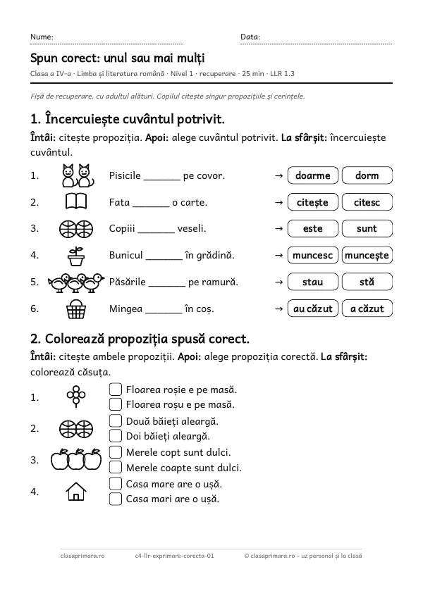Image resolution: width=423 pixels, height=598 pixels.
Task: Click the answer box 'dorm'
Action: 367,175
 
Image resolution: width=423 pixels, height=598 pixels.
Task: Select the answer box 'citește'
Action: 313,202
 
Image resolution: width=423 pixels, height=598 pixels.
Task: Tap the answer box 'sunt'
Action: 367,228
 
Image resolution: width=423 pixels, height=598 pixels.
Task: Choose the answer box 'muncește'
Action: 367,255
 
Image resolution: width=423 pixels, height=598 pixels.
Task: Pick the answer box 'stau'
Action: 313,282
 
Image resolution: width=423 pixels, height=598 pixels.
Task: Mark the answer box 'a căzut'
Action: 367,309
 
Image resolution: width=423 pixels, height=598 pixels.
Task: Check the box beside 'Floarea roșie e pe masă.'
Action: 116,390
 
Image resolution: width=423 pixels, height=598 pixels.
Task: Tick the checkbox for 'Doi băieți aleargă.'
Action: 116,435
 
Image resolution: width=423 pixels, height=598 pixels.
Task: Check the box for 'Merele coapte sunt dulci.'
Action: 116,467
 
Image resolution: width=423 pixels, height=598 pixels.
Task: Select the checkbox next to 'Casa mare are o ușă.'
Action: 116,483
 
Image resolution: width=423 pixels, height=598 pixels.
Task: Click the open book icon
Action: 76,201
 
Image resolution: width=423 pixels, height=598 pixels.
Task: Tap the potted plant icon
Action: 76,256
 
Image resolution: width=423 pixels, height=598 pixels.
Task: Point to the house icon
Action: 76,491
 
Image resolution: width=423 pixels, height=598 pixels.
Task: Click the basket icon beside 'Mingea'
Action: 76,309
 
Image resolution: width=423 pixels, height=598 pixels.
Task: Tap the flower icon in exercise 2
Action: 76,397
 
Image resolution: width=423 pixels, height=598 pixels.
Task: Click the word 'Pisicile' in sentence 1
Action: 125,175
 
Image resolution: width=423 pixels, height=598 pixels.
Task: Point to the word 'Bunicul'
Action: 126,255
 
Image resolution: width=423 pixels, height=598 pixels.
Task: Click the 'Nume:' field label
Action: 42,37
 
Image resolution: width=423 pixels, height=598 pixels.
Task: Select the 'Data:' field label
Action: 250,37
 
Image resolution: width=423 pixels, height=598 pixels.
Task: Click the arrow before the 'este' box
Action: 279,229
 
